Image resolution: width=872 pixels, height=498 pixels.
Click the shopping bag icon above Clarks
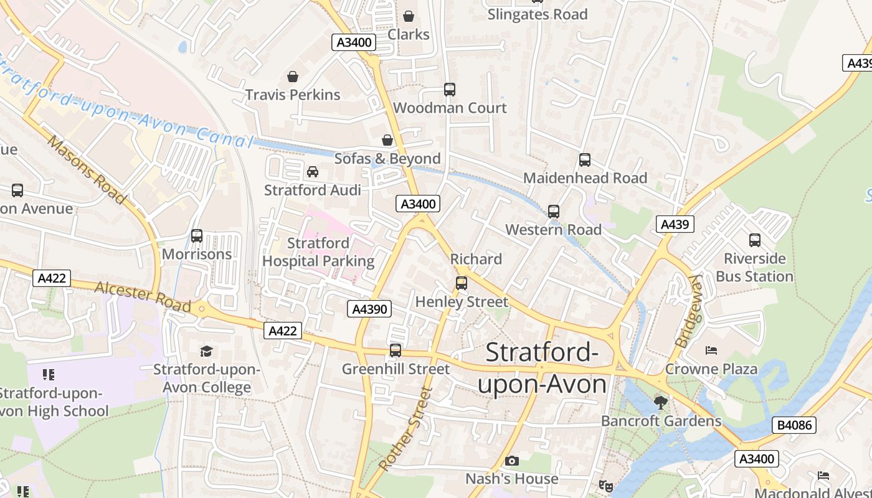[x=409, y=16]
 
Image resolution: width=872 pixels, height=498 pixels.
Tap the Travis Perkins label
[x=293, y=95]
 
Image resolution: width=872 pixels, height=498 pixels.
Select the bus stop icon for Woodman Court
[x=450, y=90]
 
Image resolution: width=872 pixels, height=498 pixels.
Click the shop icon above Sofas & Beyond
[x=387, y=140]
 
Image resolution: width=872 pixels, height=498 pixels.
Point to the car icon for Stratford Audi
[x=313, y=172]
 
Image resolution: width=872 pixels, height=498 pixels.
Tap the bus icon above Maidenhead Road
[x=585, y=160]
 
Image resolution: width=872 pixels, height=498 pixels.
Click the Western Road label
[x=553, y=230]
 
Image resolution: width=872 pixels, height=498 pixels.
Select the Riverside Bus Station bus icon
[x=755, y=240]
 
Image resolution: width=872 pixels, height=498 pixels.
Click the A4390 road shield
[x=369, y=309]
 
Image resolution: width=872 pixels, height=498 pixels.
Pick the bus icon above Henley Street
[x=462, y=283]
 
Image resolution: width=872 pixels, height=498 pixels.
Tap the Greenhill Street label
[x=396, y=369]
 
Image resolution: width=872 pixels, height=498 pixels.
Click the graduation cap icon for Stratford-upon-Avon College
[x=207, y=351]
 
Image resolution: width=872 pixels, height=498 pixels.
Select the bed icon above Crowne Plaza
[x=711, y=350]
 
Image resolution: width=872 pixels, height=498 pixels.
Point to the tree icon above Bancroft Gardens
[x=661, y=403]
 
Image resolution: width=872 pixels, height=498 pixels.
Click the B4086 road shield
[x=794, y=425]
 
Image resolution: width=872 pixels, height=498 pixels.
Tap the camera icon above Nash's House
[x=512, y=461]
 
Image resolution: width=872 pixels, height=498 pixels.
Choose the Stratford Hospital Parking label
[x=318, y=252]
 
